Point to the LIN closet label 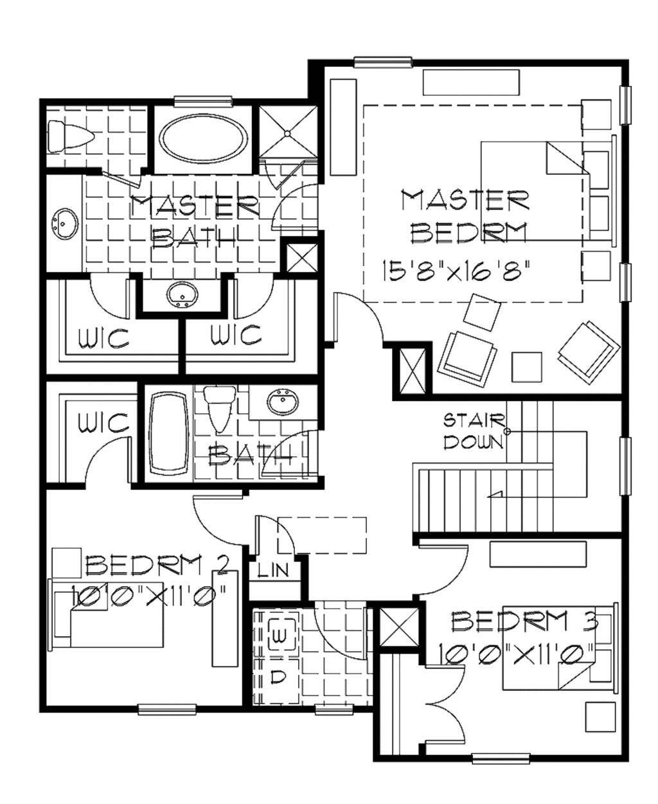[272, 569]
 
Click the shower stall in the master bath [287, 132]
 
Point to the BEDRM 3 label [525, 621]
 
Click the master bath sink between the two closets [182, 295]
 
